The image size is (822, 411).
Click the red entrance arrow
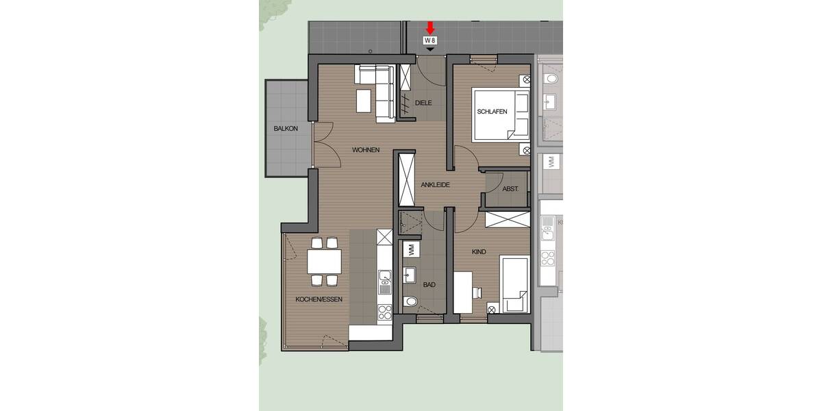coord(430,27)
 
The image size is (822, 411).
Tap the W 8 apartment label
coord(430,41)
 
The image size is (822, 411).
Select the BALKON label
coord(286,129)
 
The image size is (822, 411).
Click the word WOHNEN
coord(366,150)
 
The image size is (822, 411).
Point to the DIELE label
coord(425,103)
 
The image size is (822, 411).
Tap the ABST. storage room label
coord(510,189)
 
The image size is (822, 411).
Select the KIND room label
coord(478,252)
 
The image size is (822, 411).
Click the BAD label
coord(429,285)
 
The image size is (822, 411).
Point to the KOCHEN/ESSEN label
coord(319,299)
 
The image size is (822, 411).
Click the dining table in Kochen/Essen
coord(324,261)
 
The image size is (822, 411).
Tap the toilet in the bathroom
coord(412,301)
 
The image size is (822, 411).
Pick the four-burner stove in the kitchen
coord(384,312)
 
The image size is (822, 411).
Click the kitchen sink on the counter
coord(384,277)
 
